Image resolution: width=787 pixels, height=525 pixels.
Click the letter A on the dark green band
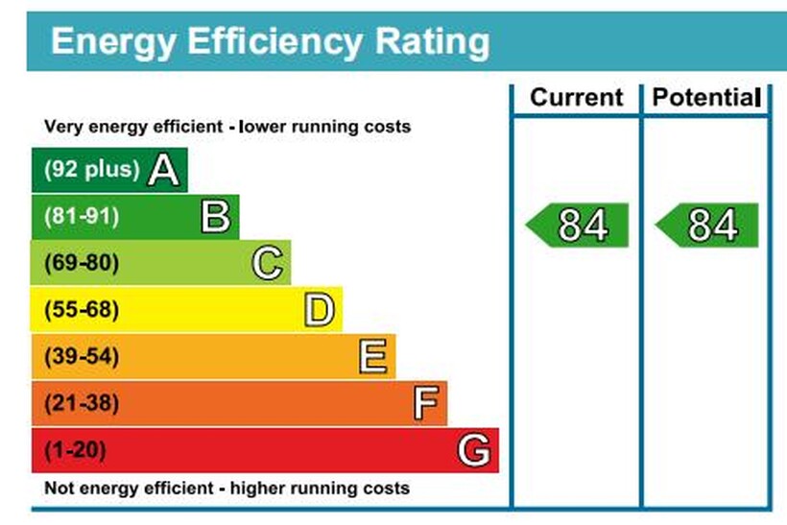pos(164,170)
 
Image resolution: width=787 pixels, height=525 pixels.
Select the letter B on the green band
pos(216,217)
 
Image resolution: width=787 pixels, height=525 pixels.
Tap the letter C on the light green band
pos(268,263)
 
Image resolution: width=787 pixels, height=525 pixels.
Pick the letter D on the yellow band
pos(320,310)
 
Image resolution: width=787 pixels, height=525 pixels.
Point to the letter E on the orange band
pos(372,357)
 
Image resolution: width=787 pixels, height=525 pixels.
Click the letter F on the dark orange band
pos(425,403)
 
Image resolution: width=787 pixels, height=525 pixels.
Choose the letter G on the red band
pos(474,450)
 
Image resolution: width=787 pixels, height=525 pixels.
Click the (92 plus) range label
pos(92,170)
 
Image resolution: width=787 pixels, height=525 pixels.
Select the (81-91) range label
pos(82,217)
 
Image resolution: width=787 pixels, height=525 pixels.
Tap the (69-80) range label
pos(82,263)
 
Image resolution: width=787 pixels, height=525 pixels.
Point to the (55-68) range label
pos(82,310)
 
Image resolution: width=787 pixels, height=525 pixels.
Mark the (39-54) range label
pos(82,357)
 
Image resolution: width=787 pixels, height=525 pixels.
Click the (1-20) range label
pos(76,450)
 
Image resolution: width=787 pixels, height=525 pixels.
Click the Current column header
pos(576,97)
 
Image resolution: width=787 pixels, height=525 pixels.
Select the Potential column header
pos(705,97)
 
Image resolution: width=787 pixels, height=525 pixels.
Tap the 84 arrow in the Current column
pos(579,226)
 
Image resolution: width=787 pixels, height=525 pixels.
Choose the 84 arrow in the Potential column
pos(708,226)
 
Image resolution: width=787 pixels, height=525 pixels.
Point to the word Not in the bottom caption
pos(60,488)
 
